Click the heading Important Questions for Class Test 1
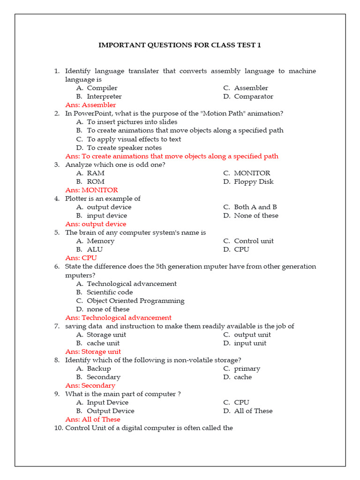180,45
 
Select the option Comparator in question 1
253,97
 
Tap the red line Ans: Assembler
90,105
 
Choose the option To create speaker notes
124,148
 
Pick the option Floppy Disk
254,182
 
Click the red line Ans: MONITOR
91,190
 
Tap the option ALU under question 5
95,250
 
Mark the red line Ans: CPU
81,258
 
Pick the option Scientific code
110,292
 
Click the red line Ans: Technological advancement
118,318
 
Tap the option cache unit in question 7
103,344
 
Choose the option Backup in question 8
99,369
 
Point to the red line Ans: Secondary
90,386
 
